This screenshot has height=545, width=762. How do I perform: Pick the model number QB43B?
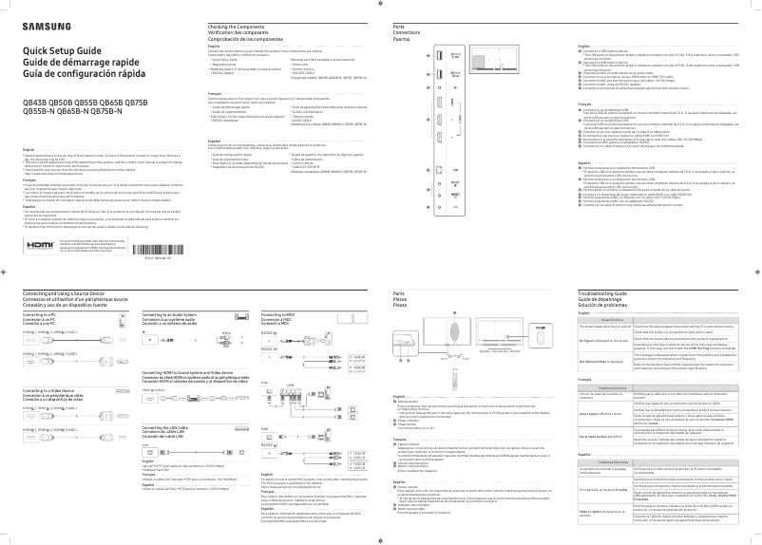click(35, 102)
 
